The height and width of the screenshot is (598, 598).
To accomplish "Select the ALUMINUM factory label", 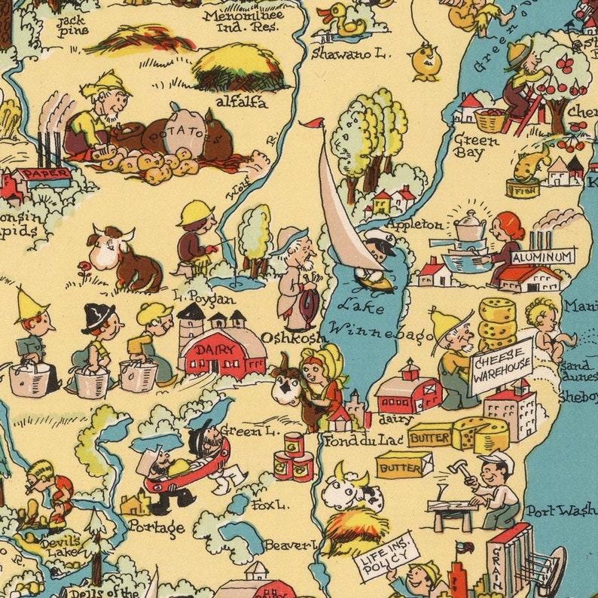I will pyautogui.click(x=542, y=257).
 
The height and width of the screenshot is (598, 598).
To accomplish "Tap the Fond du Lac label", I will pyautogui.click(x=353, y=438).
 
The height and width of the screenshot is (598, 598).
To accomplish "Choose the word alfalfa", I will pyautogui.click(x=241, y=102).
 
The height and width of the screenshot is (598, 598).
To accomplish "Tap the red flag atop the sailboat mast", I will pyautogui.click(x=313, y=123).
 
